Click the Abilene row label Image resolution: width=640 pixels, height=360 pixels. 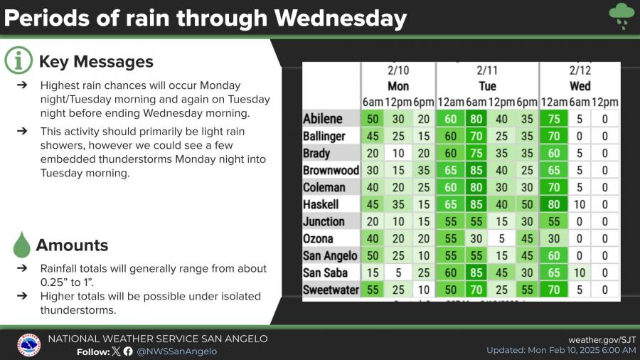pyautogui.click(x=323, y=119)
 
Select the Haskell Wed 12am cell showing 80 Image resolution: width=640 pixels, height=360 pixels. pyautogui.click(x=554, y=204)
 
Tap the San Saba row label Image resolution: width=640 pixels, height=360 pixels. pyautogui.click(x=325, y=272)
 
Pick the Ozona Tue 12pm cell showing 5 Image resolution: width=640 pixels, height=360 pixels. pyautogui.click(x=502, y=238)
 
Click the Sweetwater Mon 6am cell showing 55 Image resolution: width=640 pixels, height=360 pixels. pyautogui.click(x=373, y=290)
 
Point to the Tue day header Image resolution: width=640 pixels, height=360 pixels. pyautogui.click(x=487, y=86)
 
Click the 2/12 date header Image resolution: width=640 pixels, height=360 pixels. pyautogui.click(x=580, y=71)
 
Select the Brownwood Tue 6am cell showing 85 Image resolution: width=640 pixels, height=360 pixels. pyautogui.click(x=477, y=170)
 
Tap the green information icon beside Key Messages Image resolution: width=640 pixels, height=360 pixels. pyautogui.click(x=18, y=62)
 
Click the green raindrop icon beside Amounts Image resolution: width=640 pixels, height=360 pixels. pyautogui.click(x=22, y=245)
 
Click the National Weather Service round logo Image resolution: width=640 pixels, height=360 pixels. pyautogui.click(x=28, y=345)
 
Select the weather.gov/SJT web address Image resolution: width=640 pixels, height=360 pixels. pyautogui.click(x=602, y=339)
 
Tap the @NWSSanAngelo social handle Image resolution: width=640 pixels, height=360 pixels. pyautogui.click(x=176, y=351)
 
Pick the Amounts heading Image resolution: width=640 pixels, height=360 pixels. pyautogui.click(x=73, y=245)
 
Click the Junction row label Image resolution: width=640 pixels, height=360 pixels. pyautogui.click(x=324, y=221)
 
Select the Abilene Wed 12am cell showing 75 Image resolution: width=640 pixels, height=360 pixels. pyautogui.click(x=554, y=119)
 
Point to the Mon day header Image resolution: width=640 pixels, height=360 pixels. pyautogui.click(x=398, y=86)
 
